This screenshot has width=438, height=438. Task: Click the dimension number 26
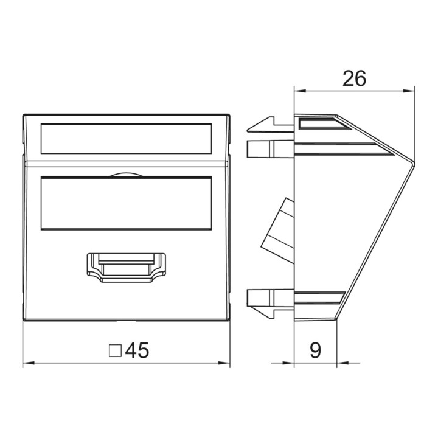tap(354, 78)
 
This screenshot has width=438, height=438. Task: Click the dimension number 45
tap(137, 350)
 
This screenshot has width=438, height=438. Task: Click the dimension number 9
tap(316, 350)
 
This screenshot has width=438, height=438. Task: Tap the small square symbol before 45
tap(115, 351)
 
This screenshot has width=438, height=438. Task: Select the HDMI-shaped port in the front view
tap(127, 268)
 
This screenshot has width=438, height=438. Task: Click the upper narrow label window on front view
tap(127, 139)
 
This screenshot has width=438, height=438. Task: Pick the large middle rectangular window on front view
tap(127, 203)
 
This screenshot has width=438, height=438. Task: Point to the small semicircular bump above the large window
tap(127, 175)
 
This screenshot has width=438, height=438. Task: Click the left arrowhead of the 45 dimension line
tap(29, 363)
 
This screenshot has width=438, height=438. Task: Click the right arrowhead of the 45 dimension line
tap(224, 363)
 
